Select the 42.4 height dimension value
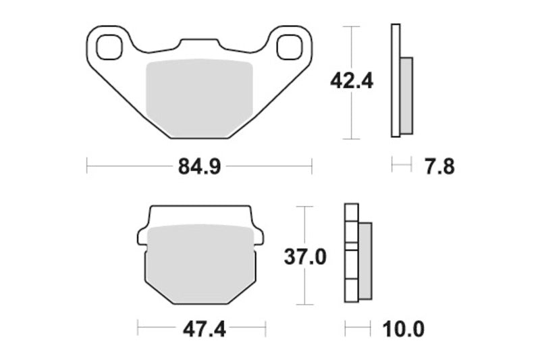[x=351, y=80]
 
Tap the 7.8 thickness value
[x=439, y=166]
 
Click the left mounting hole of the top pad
[x=107, y=47]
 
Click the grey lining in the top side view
[x=406, y=95]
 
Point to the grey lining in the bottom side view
[x=364, y=261]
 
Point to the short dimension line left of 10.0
[x=358, y=329]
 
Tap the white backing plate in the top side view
[x=396, y=81]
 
